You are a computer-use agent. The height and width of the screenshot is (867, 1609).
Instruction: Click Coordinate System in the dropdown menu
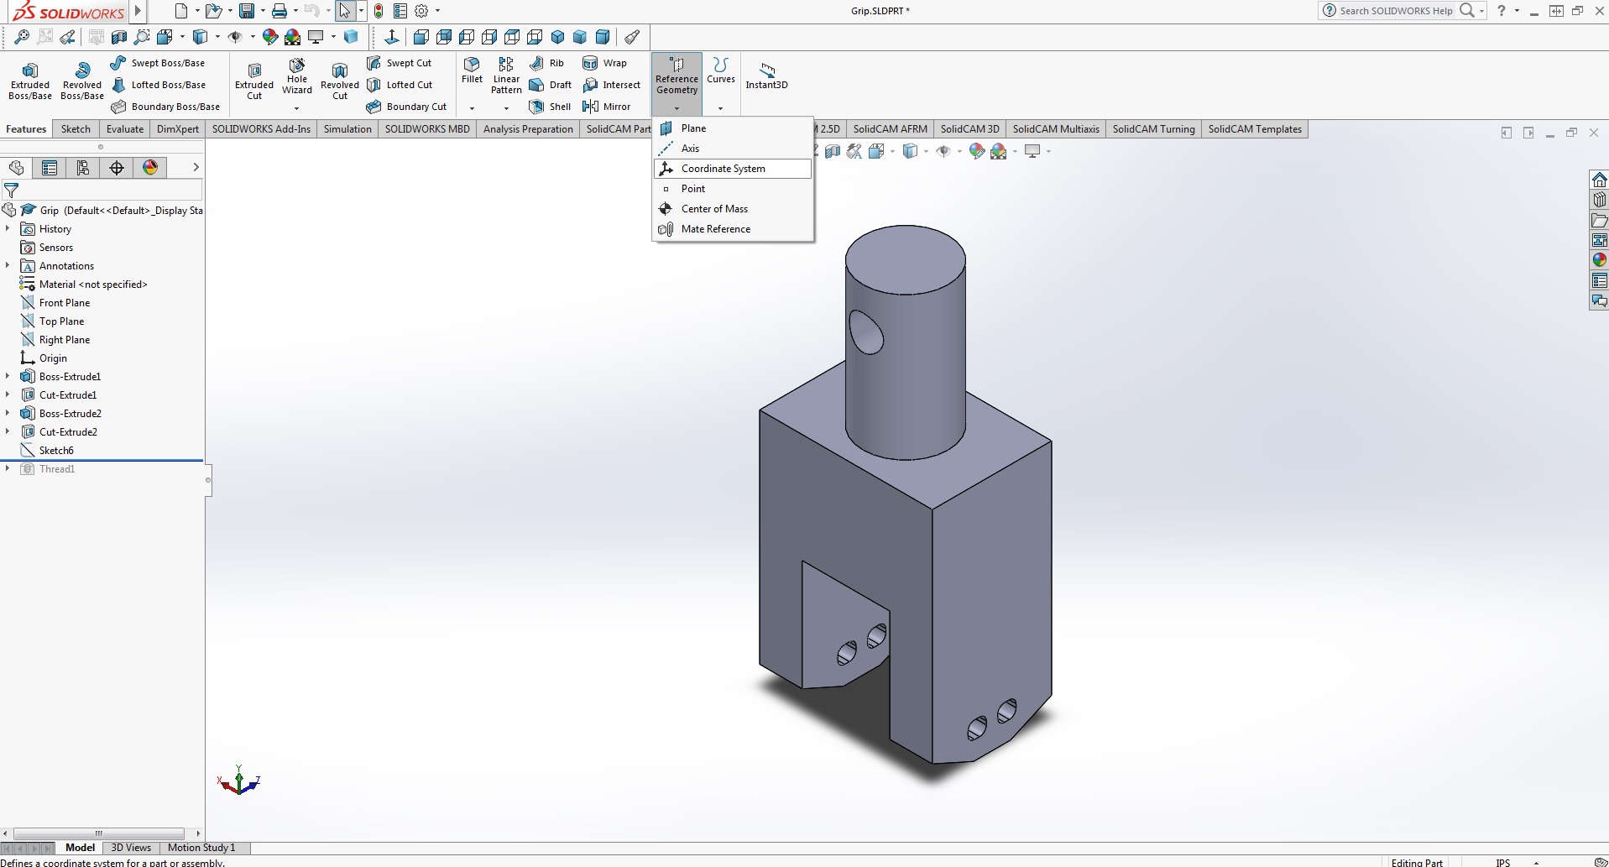click(x=723, y=169)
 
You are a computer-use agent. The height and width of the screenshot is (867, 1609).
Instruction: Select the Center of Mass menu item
click(x=713, y=209)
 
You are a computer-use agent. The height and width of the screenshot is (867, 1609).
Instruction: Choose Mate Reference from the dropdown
click(x=715, y=229)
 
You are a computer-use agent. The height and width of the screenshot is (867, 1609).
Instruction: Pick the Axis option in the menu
click(x=690, y=149)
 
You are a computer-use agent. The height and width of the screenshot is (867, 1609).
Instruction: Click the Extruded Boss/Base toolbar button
click(x=30, y=79)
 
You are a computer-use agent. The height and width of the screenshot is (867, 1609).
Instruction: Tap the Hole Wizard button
click(x=297, y=76)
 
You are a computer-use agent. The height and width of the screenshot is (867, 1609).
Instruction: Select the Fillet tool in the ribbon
click(x=472, y=70)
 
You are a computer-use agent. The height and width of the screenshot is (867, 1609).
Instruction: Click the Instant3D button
click(x=766, y=75)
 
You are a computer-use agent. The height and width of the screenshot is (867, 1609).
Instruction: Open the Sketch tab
click(x=76, y=129)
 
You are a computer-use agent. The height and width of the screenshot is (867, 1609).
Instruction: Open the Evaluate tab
click(x=124, y=129)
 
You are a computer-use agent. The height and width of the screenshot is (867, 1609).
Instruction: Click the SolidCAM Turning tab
click(x=1152, y=129)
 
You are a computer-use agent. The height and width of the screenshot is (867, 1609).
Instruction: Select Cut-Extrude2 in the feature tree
click(x=68, y=432)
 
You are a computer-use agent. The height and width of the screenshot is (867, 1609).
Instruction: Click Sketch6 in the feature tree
click(x=56, y=451)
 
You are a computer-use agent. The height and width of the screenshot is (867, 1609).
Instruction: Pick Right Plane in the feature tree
click(x=64, y=340)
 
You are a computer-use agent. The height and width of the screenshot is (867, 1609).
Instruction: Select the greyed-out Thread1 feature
click(x=57, y=469)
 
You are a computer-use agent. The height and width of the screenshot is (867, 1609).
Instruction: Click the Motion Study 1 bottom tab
click(x=201, y=848)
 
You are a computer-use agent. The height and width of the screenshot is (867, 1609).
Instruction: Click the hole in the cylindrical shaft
click(x=866, y=332)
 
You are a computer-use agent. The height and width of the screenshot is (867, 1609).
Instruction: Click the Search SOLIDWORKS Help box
click(x=1397, y=11)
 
